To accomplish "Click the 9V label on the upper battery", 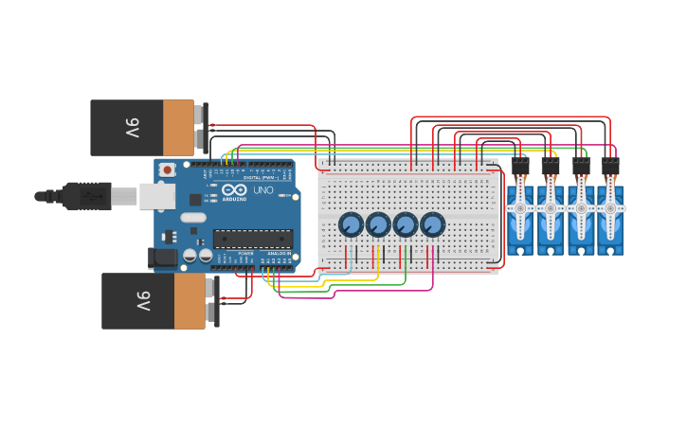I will pos(132,128).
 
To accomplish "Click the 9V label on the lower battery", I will pos(143,301).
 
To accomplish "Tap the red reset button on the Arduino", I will pos(168,170).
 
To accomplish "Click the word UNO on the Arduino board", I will pos(262,190).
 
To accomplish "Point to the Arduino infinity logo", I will pos(233,190).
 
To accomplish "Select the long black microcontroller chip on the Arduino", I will pos(252,239).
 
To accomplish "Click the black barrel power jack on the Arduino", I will pos(163,257).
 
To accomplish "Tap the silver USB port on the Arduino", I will pos(156,196).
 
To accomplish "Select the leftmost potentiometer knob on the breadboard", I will pos(351,224).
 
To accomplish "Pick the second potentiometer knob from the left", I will pos(378,224).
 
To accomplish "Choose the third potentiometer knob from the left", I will pos(406,224).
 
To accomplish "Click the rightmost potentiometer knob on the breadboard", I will pos(433,224).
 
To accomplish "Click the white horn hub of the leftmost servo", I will pos(520,207).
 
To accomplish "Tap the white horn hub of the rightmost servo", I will pos(611,207).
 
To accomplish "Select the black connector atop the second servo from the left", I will pos(551,166).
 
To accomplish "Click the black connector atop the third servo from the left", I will pos(581,166).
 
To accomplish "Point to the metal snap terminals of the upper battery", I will pos(200,127).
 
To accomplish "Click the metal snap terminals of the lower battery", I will pos(211,300).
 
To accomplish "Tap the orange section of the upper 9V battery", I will pos(178,128).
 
